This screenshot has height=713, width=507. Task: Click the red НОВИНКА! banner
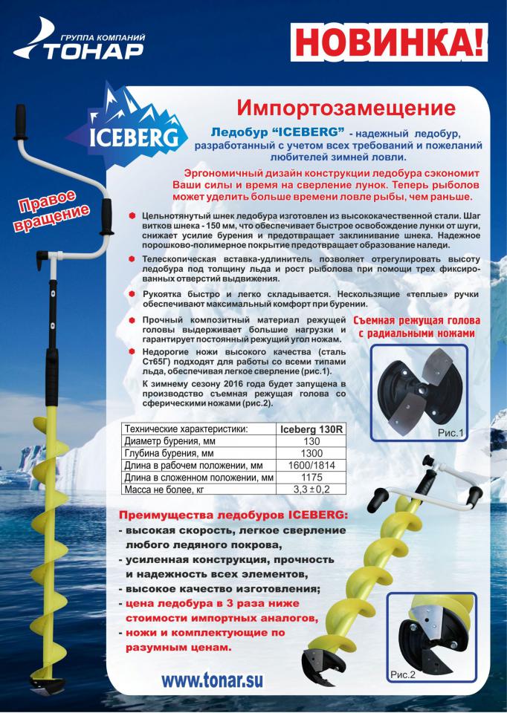pyautogui.click(x=386, y=42)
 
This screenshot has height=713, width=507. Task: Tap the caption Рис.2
pyautogui.click(x=402, y=674)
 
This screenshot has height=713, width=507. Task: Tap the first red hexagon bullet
pyautogui.click(x=132, y=213)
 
